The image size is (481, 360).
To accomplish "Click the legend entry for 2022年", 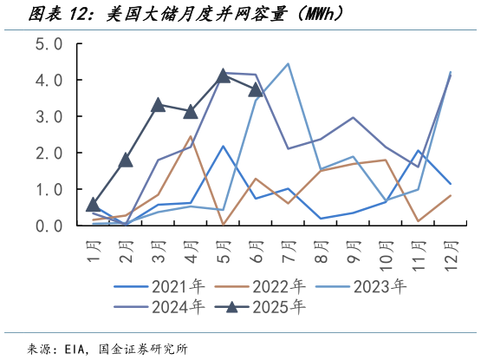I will pos(277,285).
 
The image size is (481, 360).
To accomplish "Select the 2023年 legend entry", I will pos(378,285).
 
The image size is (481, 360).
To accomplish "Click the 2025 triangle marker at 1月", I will pos(93,205).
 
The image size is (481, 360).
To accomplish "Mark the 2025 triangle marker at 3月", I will pos(158,105).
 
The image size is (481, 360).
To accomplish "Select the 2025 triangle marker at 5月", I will pos(223,75).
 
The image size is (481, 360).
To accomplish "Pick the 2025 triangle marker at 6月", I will pos(256,89).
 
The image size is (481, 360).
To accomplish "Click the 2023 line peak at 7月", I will pos(288,63).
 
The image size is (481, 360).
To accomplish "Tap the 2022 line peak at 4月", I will pos(191,136).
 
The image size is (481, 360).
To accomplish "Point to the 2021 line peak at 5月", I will pos(223,146).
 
